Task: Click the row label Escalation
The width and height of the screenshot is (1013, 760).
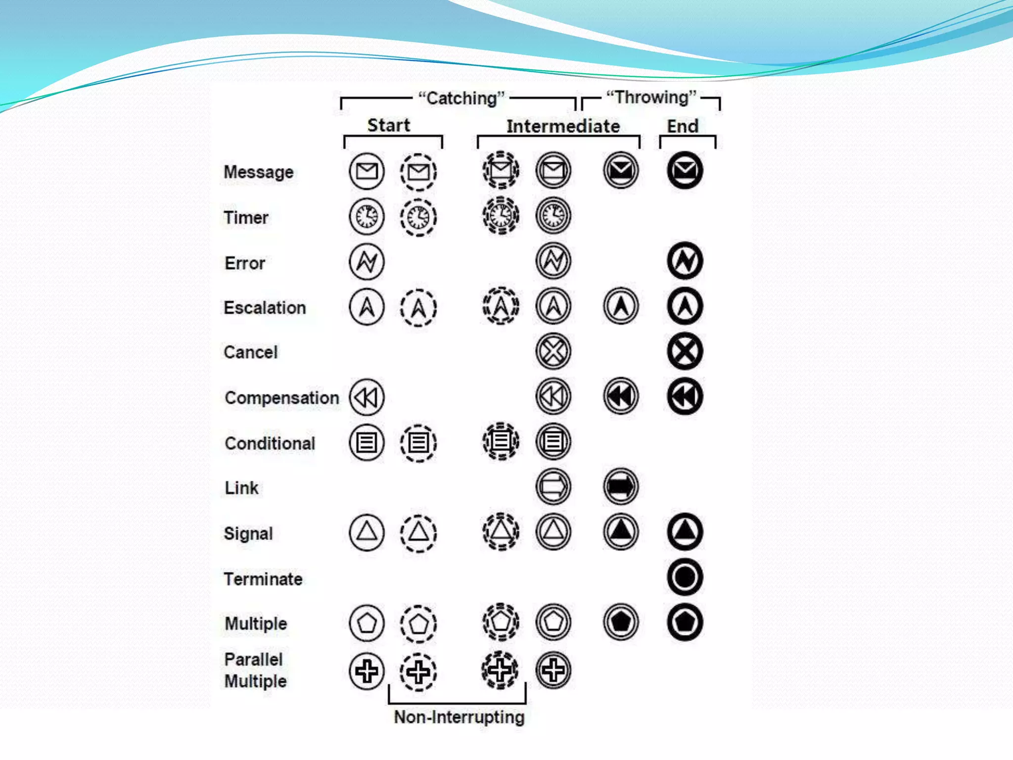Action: coord(265,308)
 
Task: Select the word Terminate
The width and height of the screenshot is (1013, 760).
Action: coord(263,579)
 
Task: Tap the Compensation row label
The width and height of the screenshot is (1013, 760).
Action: coord(281,398)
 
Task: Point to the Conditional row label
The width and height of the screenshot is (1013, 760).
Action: coord(270,443)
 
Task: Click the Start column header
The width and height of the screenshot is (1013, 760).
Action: coord(389,125)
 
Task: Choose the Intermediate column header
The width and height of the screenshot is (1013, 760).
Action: coord(563,126)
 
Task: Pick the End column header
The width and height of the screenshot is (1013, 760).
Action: coord(683,126)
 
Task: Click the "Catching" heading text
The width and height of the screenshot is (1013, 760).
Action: coord(461,98)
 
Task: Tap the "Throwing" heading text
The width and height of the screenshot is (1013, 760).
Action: coord(651,97)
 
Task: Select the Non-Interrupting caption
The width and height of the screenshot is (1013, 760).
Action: coord(459,717)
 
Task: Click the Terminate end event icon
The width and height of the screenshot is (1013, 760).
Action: coord(685,577)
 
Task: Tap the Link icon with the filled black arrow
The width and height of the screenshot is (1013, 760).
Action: coord(621,486)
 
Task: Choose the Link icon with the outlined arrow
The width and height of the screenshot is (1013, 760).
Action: coord(553,486)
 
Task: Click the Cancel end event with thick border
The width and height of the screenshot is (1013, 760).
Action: coord(685,351)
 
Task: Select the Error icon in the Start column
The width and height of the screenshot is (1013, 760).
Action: coord(367,261)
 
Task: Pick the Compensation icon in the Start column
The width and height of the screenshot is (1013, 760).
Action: coord(367,397)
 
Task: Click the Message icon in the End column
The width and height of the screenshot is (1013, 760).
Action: coord(685,171)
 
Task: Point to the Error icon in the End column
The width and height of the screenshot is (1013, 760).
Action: coord(685,261)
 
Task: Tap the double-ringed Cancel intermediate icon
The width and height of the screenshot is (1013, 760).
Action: coord(553,351)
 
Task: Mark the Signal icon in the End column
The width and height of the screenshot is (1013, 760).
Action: coord(685,532)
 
